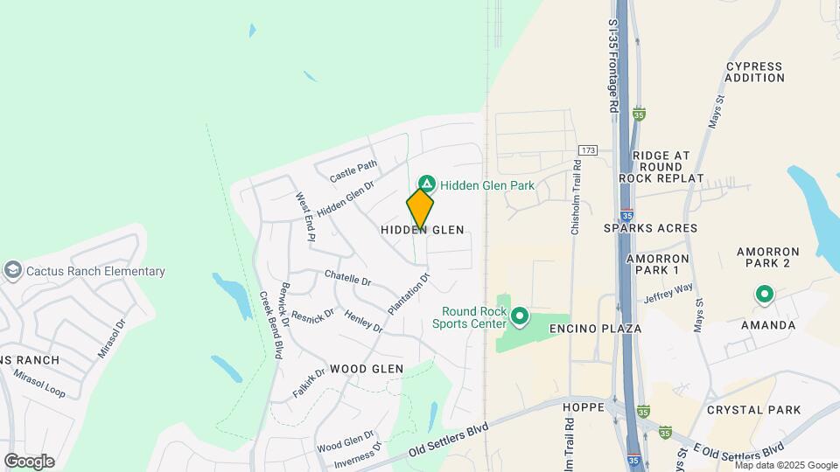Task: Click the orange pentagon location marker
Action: click(x=421, y=210)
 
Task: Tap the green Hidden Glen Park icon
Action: click(x=426, y=184)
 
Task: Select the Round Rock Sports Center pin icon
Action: click(x=520, y=316)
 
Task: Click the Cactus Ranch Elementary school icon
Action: click(x=13, y=271)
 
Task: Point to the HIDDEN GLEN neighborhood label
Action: click(x=422, y=230)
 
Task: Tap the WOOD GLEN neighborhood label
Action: click(x=367, y=369)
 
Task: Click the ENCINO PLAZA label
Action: click(x=596, y=329)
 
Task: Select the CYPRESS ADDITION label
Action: click(x=755, y=72)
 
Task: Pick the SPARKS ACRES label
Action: click(x=650, y=228)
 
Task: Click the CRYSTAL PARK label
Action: click(x=753, y=410)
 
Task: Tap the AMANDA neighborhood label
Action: click(x=767, y=325)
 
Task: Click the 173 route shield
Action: click(x=587, y=151)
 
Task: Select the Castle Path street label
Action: click(x=353, y=171)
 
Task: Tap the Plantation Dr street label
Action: click(x=409, y=295)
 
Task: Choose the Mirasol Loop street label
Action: click(x=39, y=384)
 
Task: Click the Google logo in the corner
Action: click(x=29, y=461)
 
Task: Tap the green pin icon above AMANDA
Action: click(x=764, y=296)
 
